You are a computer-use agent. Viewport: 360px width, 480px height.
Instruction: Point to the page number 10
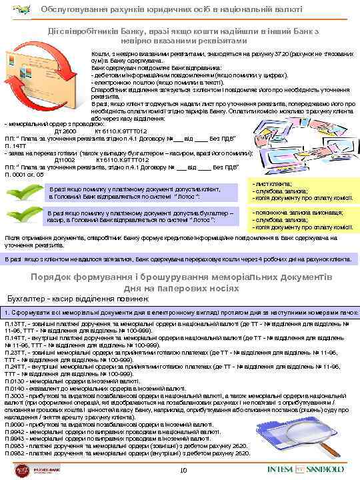(x=183, y=472)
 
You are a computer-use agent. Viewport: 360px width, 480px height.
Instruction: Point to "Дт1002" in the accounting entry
(x=65, y=160)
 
